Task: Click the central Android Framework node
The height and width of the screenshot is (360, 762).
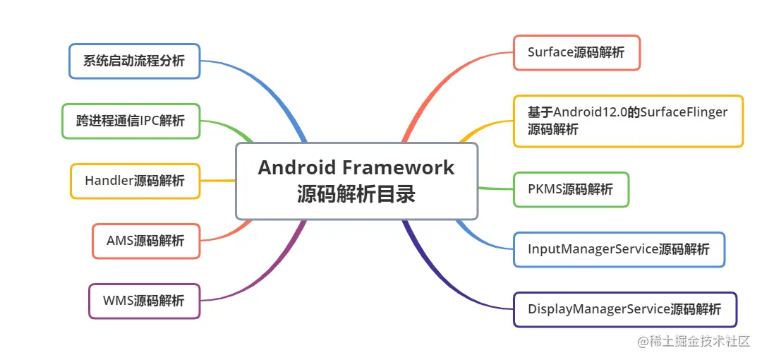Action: (356, 181)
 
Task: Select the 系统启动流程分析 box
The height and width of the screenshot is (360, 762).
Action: (134, 61)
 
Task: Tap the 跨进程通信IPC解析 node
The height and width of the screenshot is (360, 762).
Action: (131, 121)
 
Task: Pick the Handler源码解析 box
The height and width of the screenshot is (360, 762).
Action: (135, 181)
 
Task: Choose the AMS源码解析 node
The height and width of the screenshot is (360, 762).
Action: (146, 241)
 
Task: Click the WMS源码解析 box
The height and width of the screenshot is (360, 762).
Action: (144, 301)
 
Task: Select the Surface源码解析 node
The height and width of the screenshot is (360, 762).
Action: (576, 52)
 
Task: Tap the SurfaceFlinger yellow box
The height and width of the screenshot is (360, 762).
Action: (628, 121)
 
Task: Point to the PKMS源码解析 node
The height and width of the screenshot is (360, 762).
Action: (571, 189)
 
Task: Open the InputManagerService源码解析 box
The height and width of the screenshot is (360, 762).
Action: (619, 249)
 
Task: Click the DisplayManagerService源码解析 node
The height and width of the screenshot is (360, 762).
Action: (624, 309)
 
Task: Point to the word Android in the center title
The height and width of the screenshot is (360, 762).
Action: (296, 168)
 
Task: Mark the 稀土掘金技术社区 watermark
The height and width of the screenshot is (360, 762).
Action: (694, 342)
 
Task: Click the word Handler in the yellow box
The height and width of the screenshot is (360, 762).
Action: (109, 181)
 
